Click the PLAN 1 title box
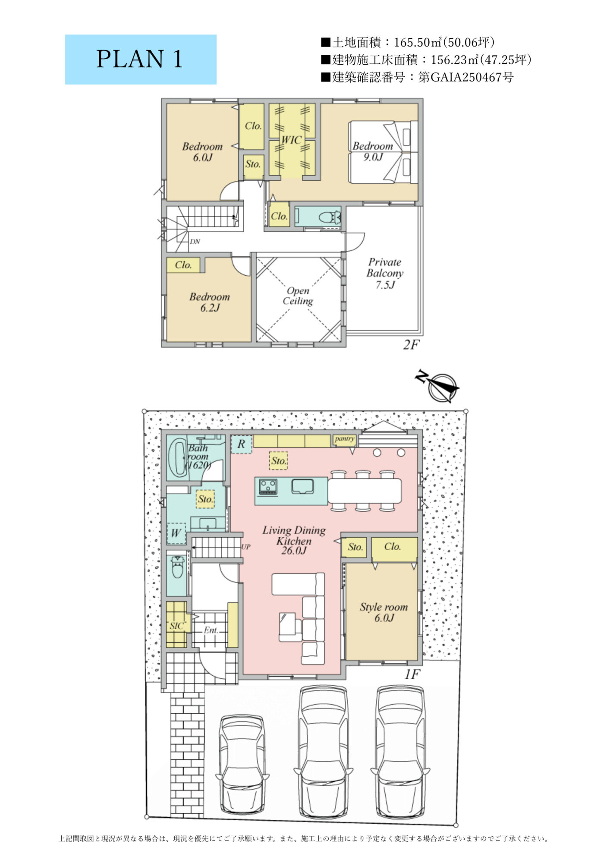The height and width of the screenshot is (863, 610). (x=141, y=60)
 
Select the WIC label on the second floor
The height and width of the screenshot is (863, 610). (x=291, y=140)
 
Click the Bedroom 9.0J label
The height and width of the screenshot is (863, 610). (x=373, y=151)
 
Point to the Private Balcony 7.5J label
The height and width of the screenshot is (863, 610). (x=385, y=273)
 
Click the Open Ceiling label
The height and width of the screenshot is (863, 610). (x=298, y=296)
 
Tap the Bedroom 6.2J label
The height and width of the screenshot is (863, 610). (x=210, y=302)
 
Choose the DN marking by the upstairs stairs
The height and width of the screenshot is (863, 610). (x=195, y=242)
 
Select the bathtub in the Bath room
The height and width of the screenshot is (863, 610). (x=177, y=458)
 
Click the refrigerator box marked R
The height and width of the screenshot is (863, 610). (x=242, y=444)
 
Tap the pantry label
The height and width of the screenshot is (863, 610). (x=344, y=439)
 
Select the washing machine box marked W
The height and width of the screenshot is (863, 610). (x=176, y=534)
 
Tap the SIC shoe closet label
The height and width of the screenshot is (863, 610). (x=176, y=626)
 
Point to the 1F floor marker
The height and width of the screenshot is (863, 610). (x=412, y=674)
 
